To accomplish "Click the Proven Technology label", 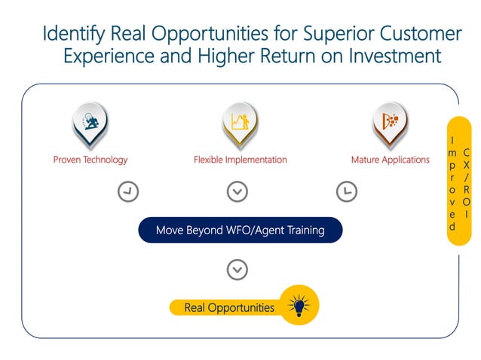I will coord(90,160).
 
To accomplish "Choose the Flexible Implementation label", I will coord(240,160).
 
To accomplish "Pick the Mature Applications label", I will coord(390,160).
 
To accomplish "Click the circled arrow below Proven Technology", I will coord(129,192).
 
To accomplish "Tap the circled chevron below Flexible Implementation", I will coord(237,192).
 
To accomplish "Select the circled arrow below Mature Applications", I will coord(346,192).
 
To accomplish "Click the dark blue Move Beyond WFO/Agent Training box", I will coord(240,230).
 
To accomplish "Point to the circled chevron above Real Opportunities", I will coord(237,269).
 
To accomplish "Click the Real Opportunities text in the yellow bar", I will coord(229,307).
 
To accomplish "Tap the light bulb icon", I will coord(299,306).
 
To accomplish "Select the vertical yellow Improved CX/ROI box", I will coord(458,181).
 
